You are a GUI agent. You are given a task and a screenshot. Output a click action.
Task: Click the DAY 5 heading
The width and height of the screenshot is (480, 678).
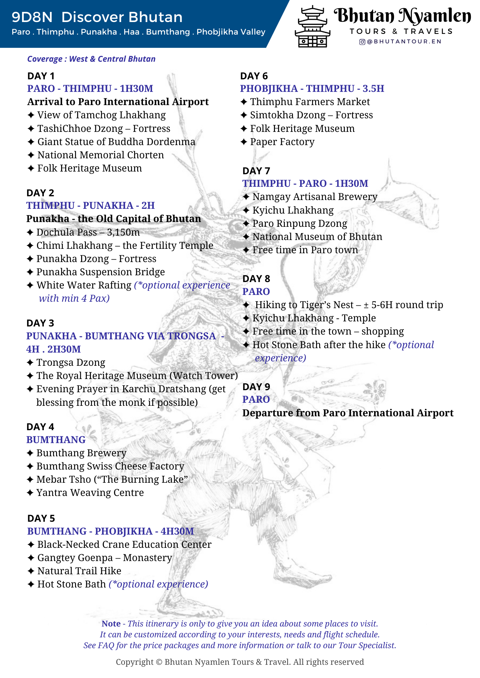(41, 518)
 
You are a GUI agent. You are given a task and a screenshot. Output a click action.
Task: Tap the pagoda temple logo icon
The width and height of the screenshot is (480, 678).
(312, 27)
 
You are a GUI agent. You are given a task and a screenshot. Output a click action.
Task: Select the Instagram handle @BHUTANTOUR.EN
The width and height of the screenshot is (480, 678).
(401, 42)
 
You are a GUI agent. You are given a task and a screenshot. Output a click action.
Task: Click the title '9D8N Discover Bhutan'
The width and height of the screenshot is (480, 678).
(97, 17)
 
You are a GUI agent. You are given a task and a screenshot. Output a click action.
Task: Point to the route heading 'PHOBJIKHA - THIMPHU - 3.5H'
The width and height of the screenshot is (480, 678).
(312, 88)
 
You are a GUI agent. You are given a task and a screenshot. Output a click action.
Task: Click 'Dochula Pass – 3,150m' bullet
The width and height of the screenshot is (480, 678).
(88, 232)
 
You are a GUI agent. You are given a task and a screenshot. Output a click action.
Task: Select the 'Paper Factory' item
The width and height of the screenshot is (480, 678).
(282, 142)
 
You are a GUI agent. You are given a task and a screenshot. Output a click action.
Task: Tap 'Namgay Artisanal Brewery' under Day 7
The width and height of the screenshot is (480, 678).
(315, 197)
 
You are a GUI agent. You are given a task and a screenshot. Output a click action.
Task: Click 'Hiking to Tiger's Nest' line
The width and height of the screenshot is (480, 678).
(349, 305)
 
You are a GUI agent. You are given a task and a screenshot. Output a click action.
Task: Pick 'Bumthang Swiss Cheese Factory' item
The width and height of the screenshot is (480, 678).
(110, 466)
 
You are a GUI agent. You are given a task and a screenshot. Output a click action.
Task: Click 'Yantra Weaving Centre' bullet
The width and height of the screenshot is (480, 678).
(90, 493)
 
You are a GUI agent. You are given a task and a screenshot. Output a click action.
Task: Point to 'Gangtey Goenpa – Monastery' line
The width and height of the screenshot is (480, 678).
(105, 558)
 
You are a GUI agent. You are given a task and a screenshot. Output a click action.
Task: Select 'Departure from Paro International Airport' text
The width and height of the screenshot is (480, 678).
(348, 413)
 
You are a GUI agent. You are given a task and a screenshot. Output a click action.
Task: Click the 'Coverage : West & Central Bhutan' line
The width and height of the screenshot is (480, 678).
(91, 59)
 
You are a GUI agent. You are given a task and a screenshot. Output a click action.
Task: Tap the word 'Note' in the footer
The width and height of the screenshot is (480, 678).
(111, 624)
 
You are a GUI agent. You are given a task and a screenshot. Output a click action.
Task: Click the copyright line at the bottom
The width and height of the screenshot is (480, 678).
(240, 662)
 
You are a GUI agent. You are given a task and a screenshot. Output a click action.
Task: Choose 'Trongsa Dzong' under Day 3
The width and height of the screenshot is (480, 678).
(71, 362)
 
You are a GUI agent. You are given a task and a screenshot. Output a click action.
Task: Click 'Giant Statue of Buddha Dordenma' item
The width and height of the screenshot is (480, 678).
(116, 142)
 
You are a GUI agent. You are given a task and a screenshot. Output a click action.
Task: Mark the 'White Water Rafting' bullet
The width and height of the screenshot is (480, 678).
(84, 285)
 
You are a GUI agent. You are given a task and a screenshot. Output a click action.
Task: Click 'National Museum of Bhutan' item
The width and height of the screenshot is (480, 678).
(317, 237)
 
